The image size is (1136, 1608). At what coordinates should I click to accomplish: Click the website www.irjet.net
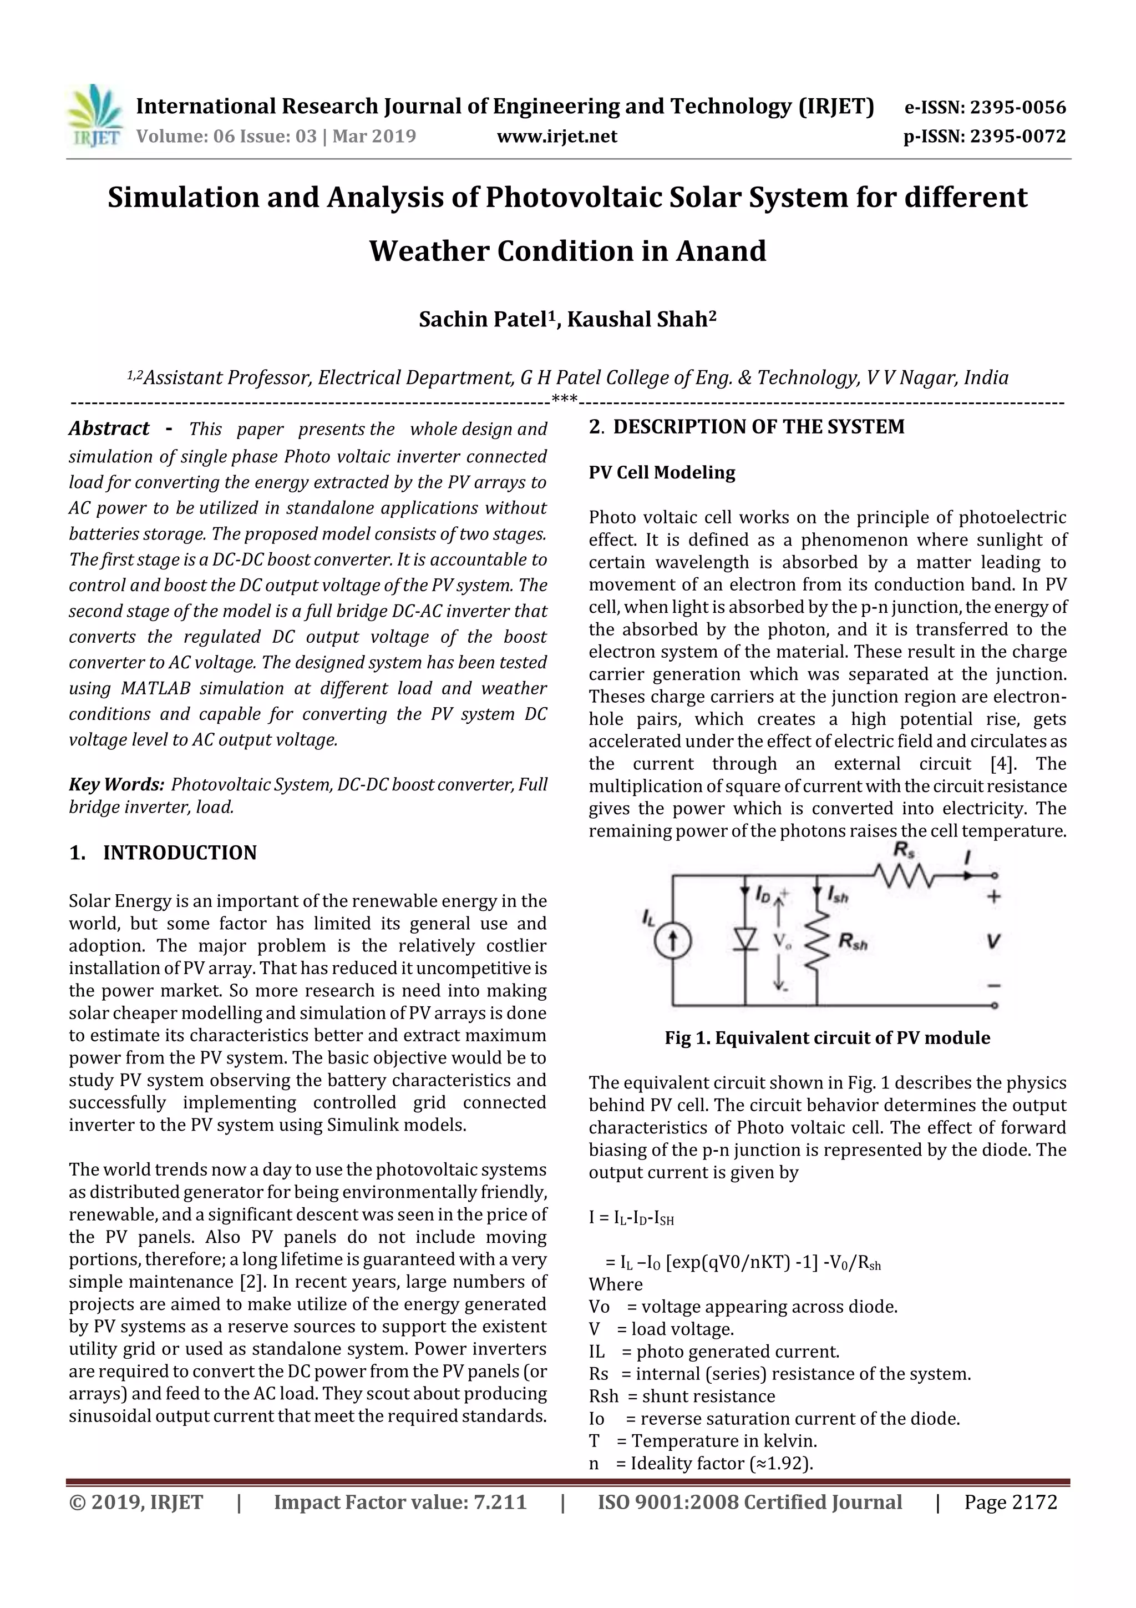click(556, 137)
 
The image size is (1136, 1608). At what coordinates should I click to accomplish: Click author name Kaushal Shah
click(641, 319)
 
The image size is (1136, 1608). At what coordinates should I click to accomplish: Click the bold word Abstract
click(109, 429)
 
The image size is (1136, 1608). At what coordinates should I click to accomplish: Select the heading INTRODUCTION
click(179, 853)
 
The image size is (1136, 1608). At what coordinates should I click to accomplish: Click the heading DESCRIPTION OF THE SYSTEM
click(758, 426)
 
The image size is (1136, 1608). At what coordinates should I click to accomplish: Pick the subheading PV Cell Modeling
click(661, 473)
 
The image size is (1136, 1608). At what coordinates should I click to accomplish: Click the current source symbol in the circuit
click(673, 941)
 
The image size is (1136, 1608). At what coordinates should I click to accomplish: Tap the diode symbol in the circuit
click(745, 940)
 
